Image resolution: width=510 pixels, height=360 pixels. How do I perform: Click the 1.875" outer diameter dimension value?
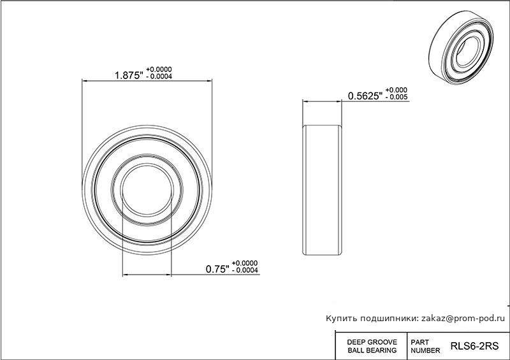[129, 75]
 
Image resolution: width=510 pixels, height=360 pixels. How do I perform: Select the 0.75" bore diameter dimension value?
[217, 269]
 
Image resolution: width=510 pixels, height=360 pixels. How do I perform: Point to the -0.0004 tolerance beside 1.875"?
[159, 76]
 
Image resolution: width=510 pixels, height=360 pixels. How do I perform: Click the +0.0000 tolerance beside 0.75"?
[245, 263]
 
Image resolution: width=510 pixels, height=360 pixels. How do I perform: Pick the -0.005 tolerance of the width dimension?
[397, 97]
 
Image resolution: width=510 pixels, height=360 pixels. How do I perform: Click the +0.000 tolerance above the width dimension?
[396, 90]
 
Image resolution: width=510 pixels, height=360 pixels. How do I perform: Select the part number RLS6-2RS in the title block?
[474, 346]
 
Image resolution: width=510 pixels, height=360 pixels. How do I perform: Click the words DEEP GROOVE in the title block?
[372, 342]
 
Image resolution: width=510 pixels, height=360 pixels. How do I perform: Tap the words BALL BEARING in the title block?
[372, 350]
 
